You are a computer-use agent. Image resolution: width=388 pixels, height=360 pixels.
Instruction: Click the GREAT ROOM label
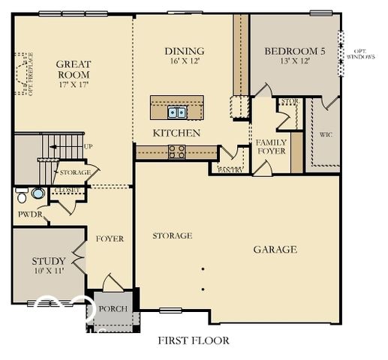click(x=73, y=70)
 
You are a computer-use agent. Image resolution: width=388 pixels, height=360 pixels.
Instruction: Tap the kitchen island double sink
click(x=178, y=112)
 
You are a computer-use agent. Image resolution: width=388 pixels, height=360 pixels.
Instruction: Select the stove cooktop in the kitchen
click(x=177, y=151)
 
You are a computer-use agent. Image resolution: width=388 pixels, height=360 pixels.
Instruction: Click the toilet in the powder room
click(x=36, y=193)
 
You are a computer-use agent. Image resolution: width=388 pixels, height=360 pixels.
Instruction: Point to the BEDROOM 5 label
click(x=295, y=52)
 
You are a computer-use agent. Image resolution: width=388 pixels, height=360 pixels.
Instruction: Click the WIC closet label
click(x=326, y=136)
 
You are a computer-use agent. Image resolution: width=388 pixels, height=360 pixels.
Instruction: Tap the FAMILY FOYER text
click(x=271, y=146)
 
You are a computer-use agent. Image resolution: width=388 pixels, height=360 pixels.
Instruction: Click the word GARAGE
click(x=274, y=250)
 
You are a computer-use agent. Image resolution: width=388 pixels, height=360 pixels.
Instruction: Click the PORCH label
click(x=113, y=309)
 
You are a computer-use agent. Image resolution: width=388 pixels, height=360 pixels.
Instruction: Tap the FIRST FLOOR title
click(x=193, y=340)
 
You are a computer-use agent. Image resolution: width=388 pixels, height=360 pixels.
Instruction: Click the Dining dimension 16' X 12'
click(x=185, y=62)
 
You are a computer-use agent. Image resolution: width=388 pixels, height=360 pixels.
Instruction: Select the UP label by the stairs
click(x=88, y=147)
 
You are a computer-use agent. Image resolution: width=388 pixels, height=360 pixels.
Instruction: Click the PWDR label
click(x=30, y=215)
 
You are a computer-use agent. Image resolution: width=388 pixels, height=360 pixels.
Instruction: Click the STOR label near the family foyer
click(x=288, y=101)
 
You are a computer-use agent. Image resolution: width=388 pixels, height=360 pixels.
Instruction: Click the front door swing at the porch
click(x=111, y=283)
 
